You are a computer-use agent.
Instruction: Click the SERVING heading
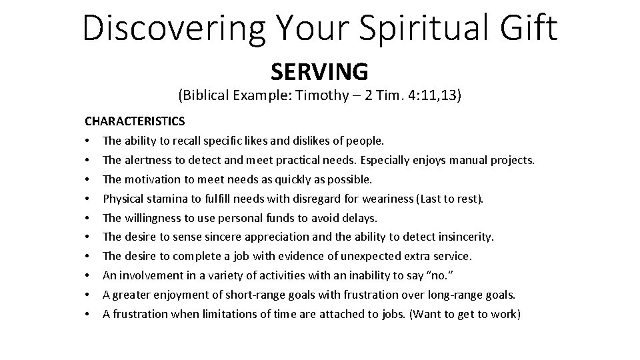click(319, 71)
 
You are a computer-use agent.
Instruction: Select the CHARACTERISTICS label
click(135, 122)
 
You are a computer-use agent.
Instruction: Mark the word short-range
click(228, 295)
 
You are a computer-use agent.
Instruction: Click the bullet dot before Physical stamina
click(87, 199)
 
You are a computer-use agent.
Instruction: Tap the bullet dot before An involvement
click(87, 275)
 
